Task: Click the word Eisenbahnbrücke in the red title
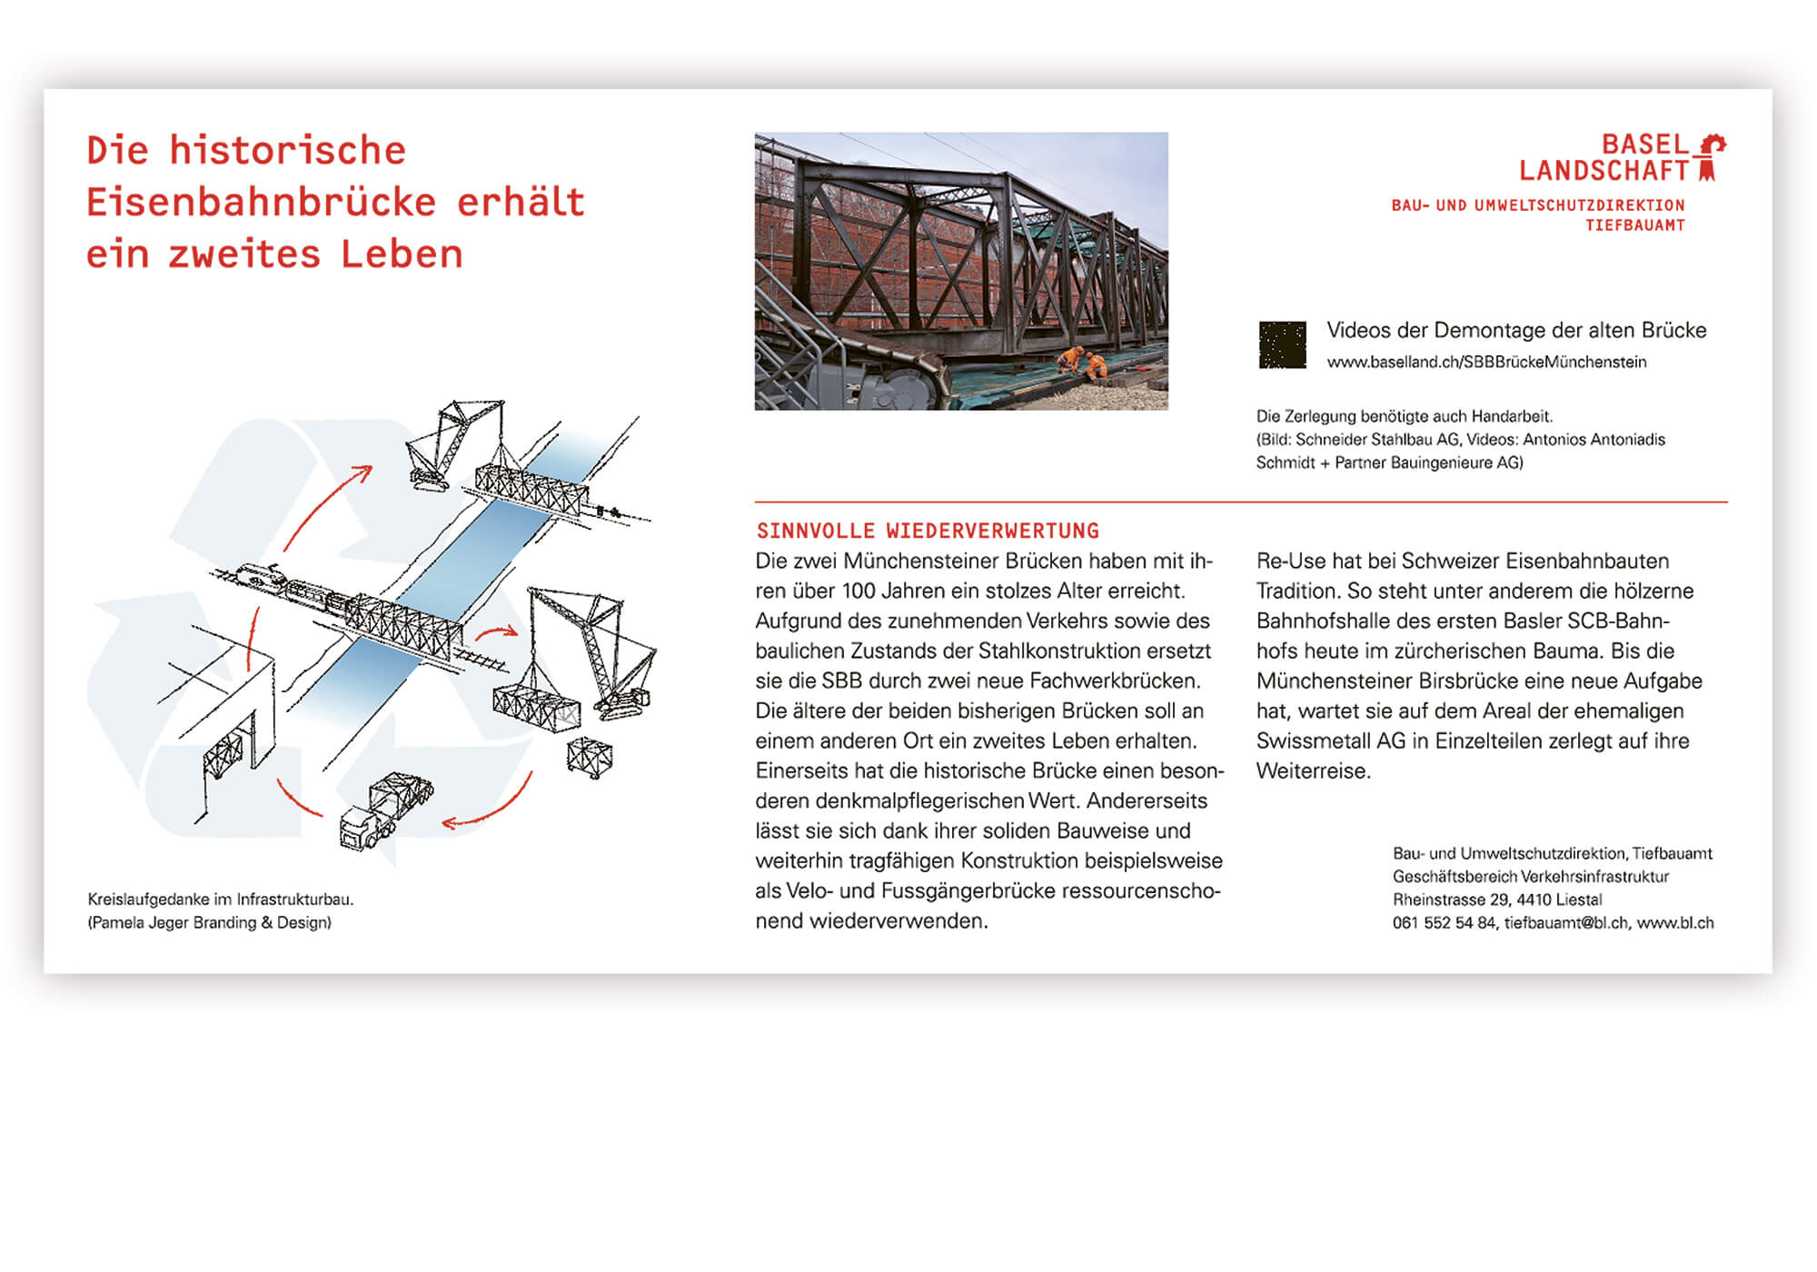[x=261, y=202]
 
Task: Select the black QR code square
[x=1282, y=345]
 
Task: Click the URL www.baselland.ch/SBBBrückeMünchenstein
[x=1486, y=363]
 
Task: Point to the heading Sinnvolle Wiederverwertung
[x=928, y=531]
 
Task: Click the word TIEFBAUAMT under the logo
[x=1634, y=225]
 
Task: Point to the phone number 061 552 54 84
[x=1444, y=923]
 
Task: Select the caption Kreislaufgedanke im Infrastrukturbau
[x=221, y=899]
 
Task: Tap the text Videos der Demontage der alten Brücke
[x=1516, y=331]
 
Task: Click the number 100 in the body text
[x=859, y=591]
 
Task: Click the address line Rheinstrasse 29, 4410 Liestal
[x=1497, y=899]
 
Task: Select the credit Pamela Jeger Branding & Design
[x=210, y=923]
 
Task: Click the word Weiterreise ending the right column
[x=1313, y=771]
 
